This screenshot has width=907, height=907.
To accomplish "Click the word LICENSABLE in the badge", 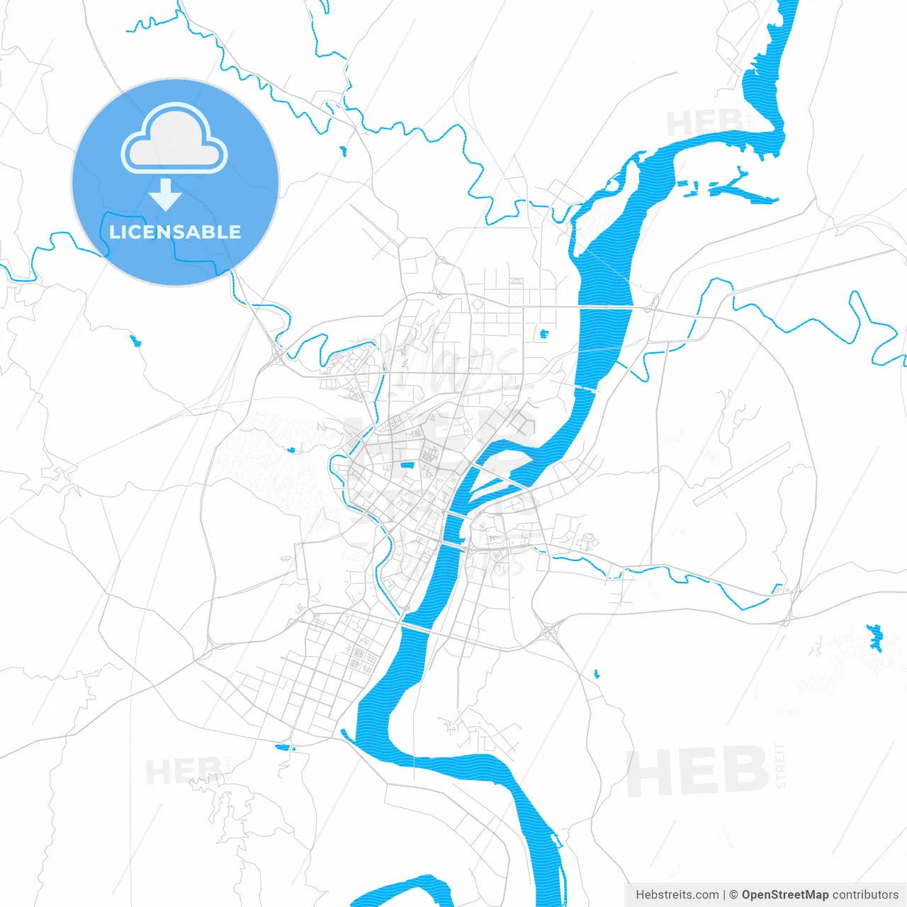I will pyautogui.click(x=175, y=232).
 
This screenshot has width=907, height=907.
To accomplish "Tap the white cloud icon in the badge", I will pyautogui.click(x=174, y=140).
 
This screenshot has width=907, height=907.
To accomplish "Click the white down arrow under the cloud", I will pyautogui.click(x=166, y=195).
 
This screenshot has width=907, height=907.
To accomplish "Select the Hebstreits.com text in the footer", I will pyautogui.click(x=677, y=895).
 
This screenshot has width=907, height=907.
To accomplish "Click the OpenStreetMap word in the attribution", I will pyautogui.click(x=784, y=895).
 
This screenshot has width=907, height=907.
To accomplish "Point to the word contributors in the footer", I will pyautogui.click(x=865, y=895).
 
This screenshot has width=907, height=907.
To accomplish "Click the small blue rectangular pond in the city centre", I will pyautogui.click(x=407, y=465).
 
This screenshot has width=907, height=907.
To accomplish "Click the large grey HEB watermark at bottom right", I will pyautogui.click(x=697, y=772).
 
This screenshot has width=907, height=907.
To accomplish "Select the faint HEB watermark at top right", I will pyautogui.click(x=704, y=123).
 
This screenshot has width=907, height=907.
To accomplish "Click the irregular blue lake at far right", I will pyautogui.click(x=875, y=637).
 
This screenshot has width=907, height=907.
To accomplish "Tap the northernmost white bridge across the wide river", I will pyautogui.click(x=606, y=308).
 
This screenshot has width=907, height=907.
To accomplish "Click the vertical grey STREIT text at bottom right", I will pyautogui.click(x=780, y=765).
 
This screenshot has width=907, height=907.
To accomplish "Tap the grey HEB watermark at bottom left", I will pyautogui.click(x=183, y=771).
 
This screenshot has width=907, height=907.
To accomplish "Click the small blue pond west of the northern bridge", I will pyautogui.click(x=544, y=333).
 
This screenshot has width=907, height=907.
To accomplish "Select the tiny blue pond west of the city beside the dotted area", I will pyautogui.click(x=291, y=449).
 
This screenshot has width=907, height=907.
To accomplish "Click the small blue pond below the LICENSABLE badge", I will pyautogui.click(x=135, y=341).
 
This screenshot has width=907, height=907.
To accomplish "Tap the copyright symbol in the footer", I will pyautogui.click(x=733, y=895).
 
